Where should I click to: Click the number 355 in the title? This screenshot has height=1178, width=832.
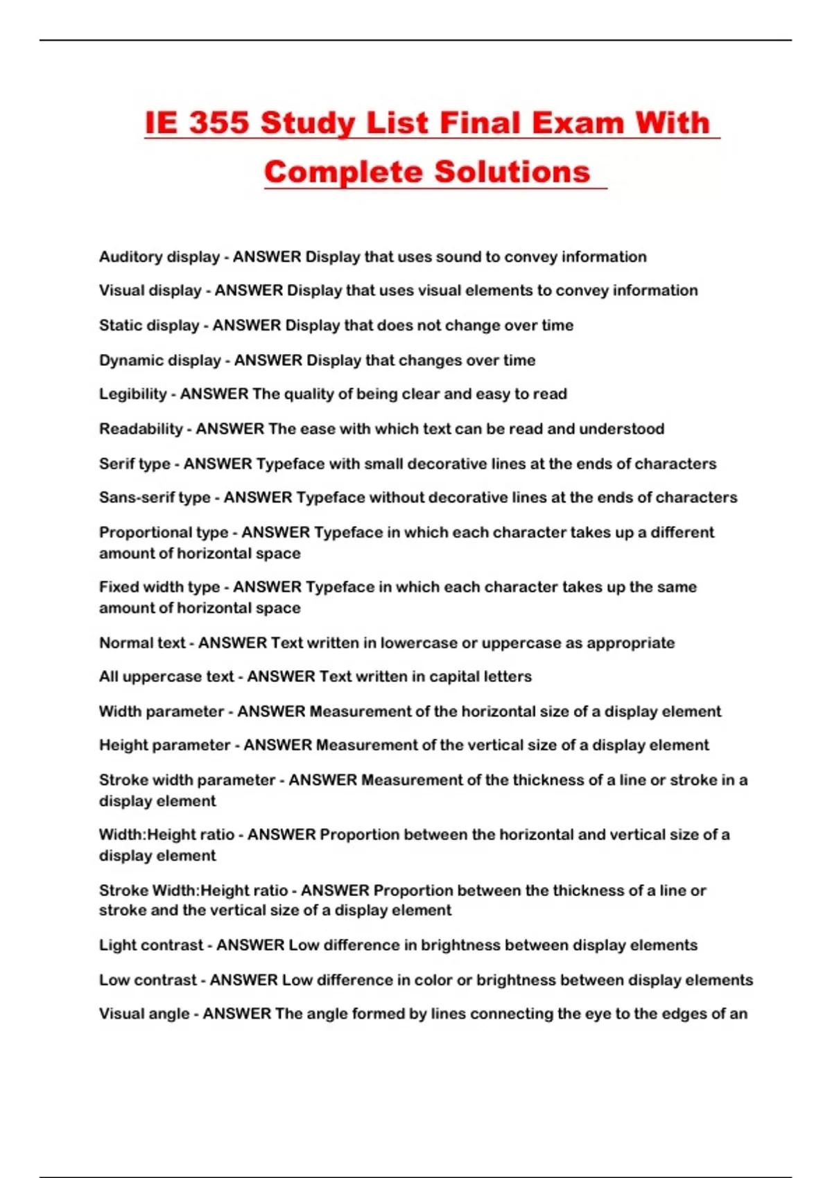coord(218,123)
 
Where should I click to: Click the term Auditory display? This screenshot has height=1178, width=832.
coord(159,257)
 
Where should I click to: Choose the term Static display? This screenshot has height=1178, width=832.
coord(149,326)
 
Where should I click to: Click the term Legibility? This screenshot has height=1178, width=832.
coord(132,394)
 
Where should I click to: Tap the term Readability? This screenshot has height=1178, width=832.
coord(141,429)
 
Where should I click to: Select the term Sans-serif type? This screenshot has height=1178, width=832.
coord(155,498)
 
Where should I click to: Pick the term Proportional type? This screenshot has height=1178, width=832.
coord(163,533)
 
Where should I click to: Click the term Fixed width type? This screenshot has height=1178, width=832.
coord(159,587)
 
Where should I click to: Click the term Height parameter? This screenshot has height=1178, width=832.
coord(164,746)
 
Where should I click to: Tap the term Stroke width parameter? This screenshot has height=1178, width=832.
coord(187,780)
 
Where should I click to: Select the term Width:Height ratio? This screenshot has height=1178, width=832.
coord(166,835)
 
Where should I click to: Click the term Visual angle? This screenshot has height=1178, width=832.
coord(144,1014)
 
